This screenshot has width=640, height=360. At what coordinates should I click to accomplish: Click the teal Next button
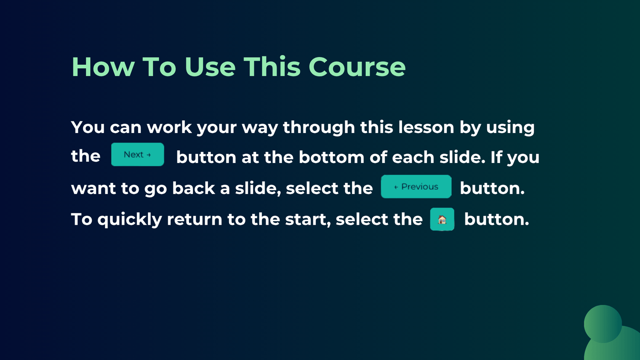coord(137,154)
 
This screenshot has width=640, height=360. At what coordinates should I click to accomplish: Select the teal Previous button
coord(416,186)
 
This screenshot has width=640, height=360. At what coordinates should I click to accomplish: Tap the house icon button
coord(442,219)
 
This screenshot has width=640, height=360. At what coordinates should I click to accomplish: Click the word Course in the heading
coord(357,67)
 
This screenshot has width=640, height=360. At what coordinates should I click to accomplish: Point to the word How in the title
coord(103,67)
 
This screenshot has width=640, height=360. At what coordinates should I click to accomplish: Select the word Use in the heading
coord(210,67)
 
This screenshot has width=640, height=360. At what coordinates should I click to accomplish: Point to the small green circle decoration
coord(602,324)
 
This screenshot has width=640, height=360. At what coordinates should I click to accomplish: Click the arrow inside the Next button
coord(148,155)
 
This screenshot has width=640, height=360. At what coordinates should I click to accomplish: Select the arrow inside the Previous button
coord(396,187)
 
